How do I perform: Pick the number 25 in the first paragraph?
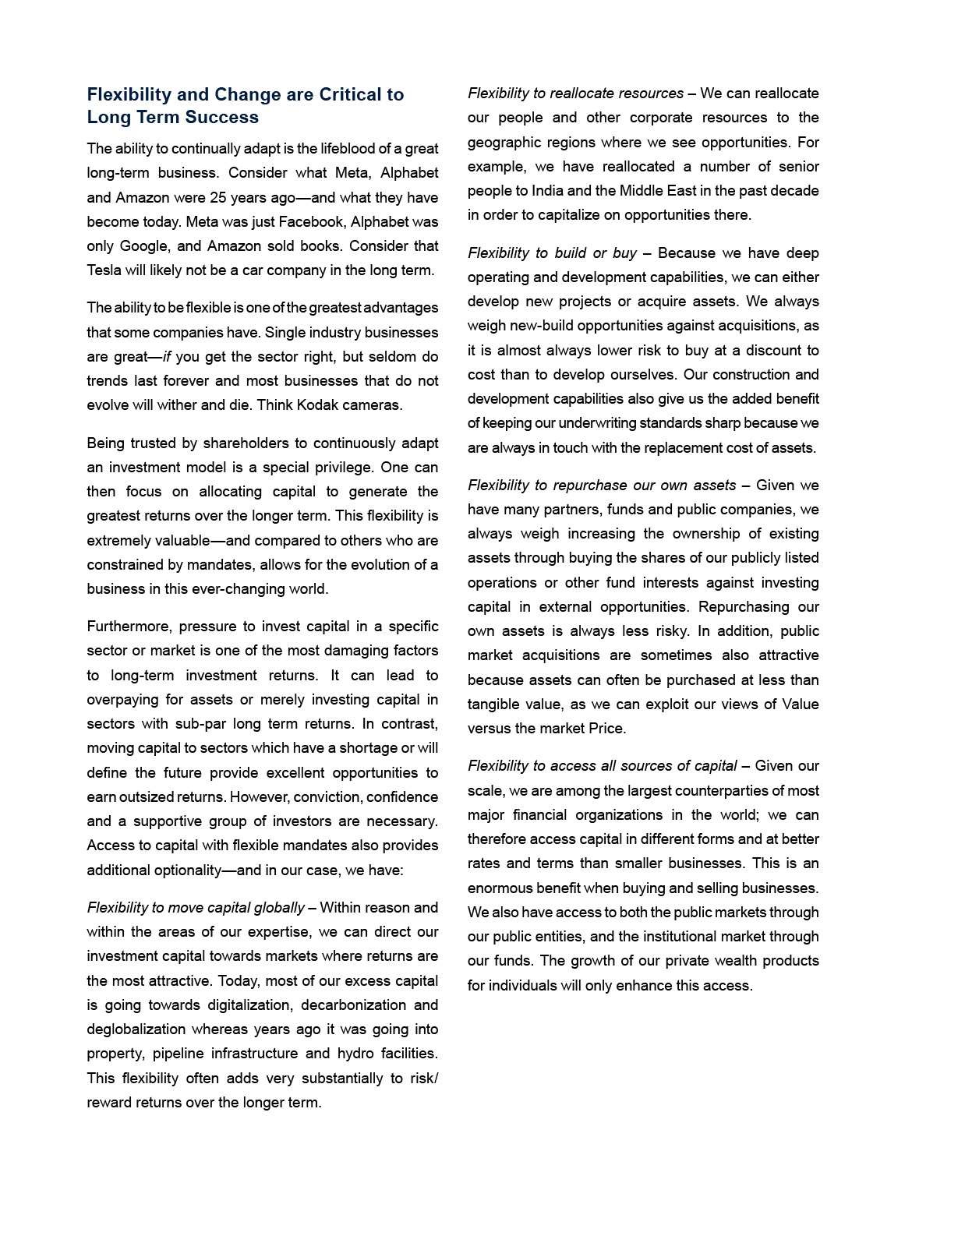click(x=217, y=198)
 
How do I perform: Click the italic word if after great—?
click(x=167, y=357)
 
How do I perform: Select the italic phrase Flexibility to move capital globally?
click(x=196, y=908)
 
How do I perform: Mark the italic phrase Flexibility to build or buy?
click(x=552, y=253)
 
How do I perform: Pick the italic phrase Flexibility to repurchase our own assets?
click(x=601, y=485)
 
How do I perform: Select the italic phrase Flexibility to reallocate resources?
click(x=575, y=94)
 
